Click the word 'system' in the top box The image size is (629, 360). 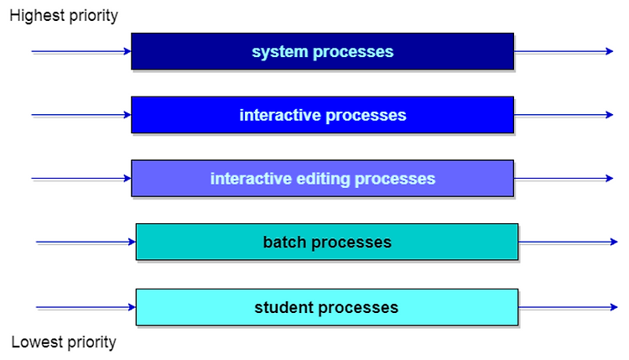pos(279,52)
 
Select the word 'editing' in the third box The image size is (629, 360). pos(323,179)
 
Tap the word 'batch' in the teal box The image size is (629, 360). pos(284,242)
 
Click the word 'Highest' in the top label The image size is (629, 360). pos(37,16)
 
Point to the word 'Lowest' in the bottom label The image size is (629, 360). pos(37,342)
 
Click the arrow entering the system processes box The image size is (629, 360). pos(81,51)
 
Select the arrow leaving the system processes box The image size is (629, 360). pos(564,51)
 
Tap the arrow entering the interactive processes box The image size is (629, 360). pos(81,115)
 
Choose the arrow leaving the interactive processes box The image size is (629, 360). pos(564,115)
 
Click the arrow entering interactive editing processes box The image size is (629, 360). pos(81,178)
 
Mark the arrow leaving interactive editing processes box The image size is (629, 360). pos(564,178)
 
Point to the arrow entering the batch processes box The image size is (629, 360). pos(86,242)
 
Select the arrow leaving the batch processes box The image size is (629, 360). pos(568,242)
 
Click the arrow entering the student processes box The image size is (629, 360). pos(86,307)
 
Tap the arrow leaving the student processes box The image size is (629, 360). pos(568,307)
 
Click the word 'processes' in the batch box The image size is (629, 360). pos(351,243)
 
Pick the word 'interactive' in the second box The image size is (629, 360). pos(280,115)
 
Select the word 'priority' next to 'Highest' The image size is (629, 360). pos(93,17)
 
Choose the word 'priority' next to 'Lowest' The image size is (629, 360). pos(92,342)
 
